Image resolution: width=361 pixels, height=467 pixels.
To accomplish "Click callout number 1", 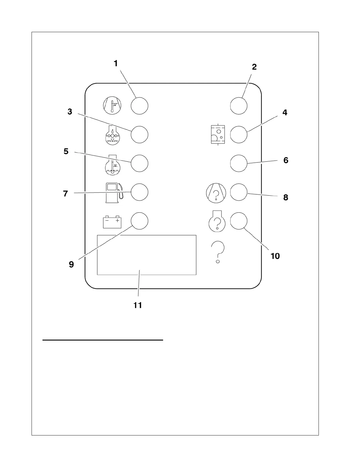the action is click(116, 63).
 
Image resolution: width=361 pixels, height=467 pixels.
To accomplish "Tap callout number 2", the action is click(254, 67).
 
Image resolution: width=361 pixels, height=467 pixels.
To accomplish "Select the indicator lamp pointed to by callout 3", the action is click(140, 134).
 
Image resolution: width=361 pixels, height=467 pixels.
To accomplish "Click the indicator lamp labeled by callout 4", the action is click(239, 134).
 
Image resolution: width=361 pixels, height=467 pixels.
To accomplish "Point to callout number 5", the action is click(66, 152).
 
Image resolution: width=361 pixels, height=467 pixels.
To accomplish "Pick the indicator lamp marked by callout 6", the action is click(239, 163).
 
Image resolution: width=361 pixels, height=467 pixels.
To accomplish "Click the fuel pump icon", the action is click(113, 193).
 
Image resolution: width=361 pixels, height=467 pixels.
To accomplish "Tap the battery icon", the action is click(112, 222).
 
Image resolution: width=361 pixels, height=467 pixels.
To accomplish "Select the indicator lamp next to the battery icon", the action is click(140, 221).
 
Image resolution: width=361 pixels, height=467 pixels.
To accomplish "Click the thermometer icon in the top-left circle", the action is click(112, 106).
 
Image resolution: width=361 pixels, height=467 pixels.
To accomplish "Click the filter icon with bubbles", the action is click(218, 134).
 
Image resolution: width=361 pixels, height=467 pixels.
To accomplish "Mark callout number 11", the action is click(138, 305).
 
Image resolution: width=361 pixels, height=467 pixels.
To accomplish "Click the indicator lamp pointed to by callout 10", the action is click(239, 221).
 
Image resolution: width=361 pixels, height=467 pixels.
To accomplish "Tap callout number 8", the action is click(285, 197).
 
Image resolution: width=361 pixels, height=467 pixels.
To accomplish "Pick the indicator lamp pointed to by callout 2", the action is click(239, 106).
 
